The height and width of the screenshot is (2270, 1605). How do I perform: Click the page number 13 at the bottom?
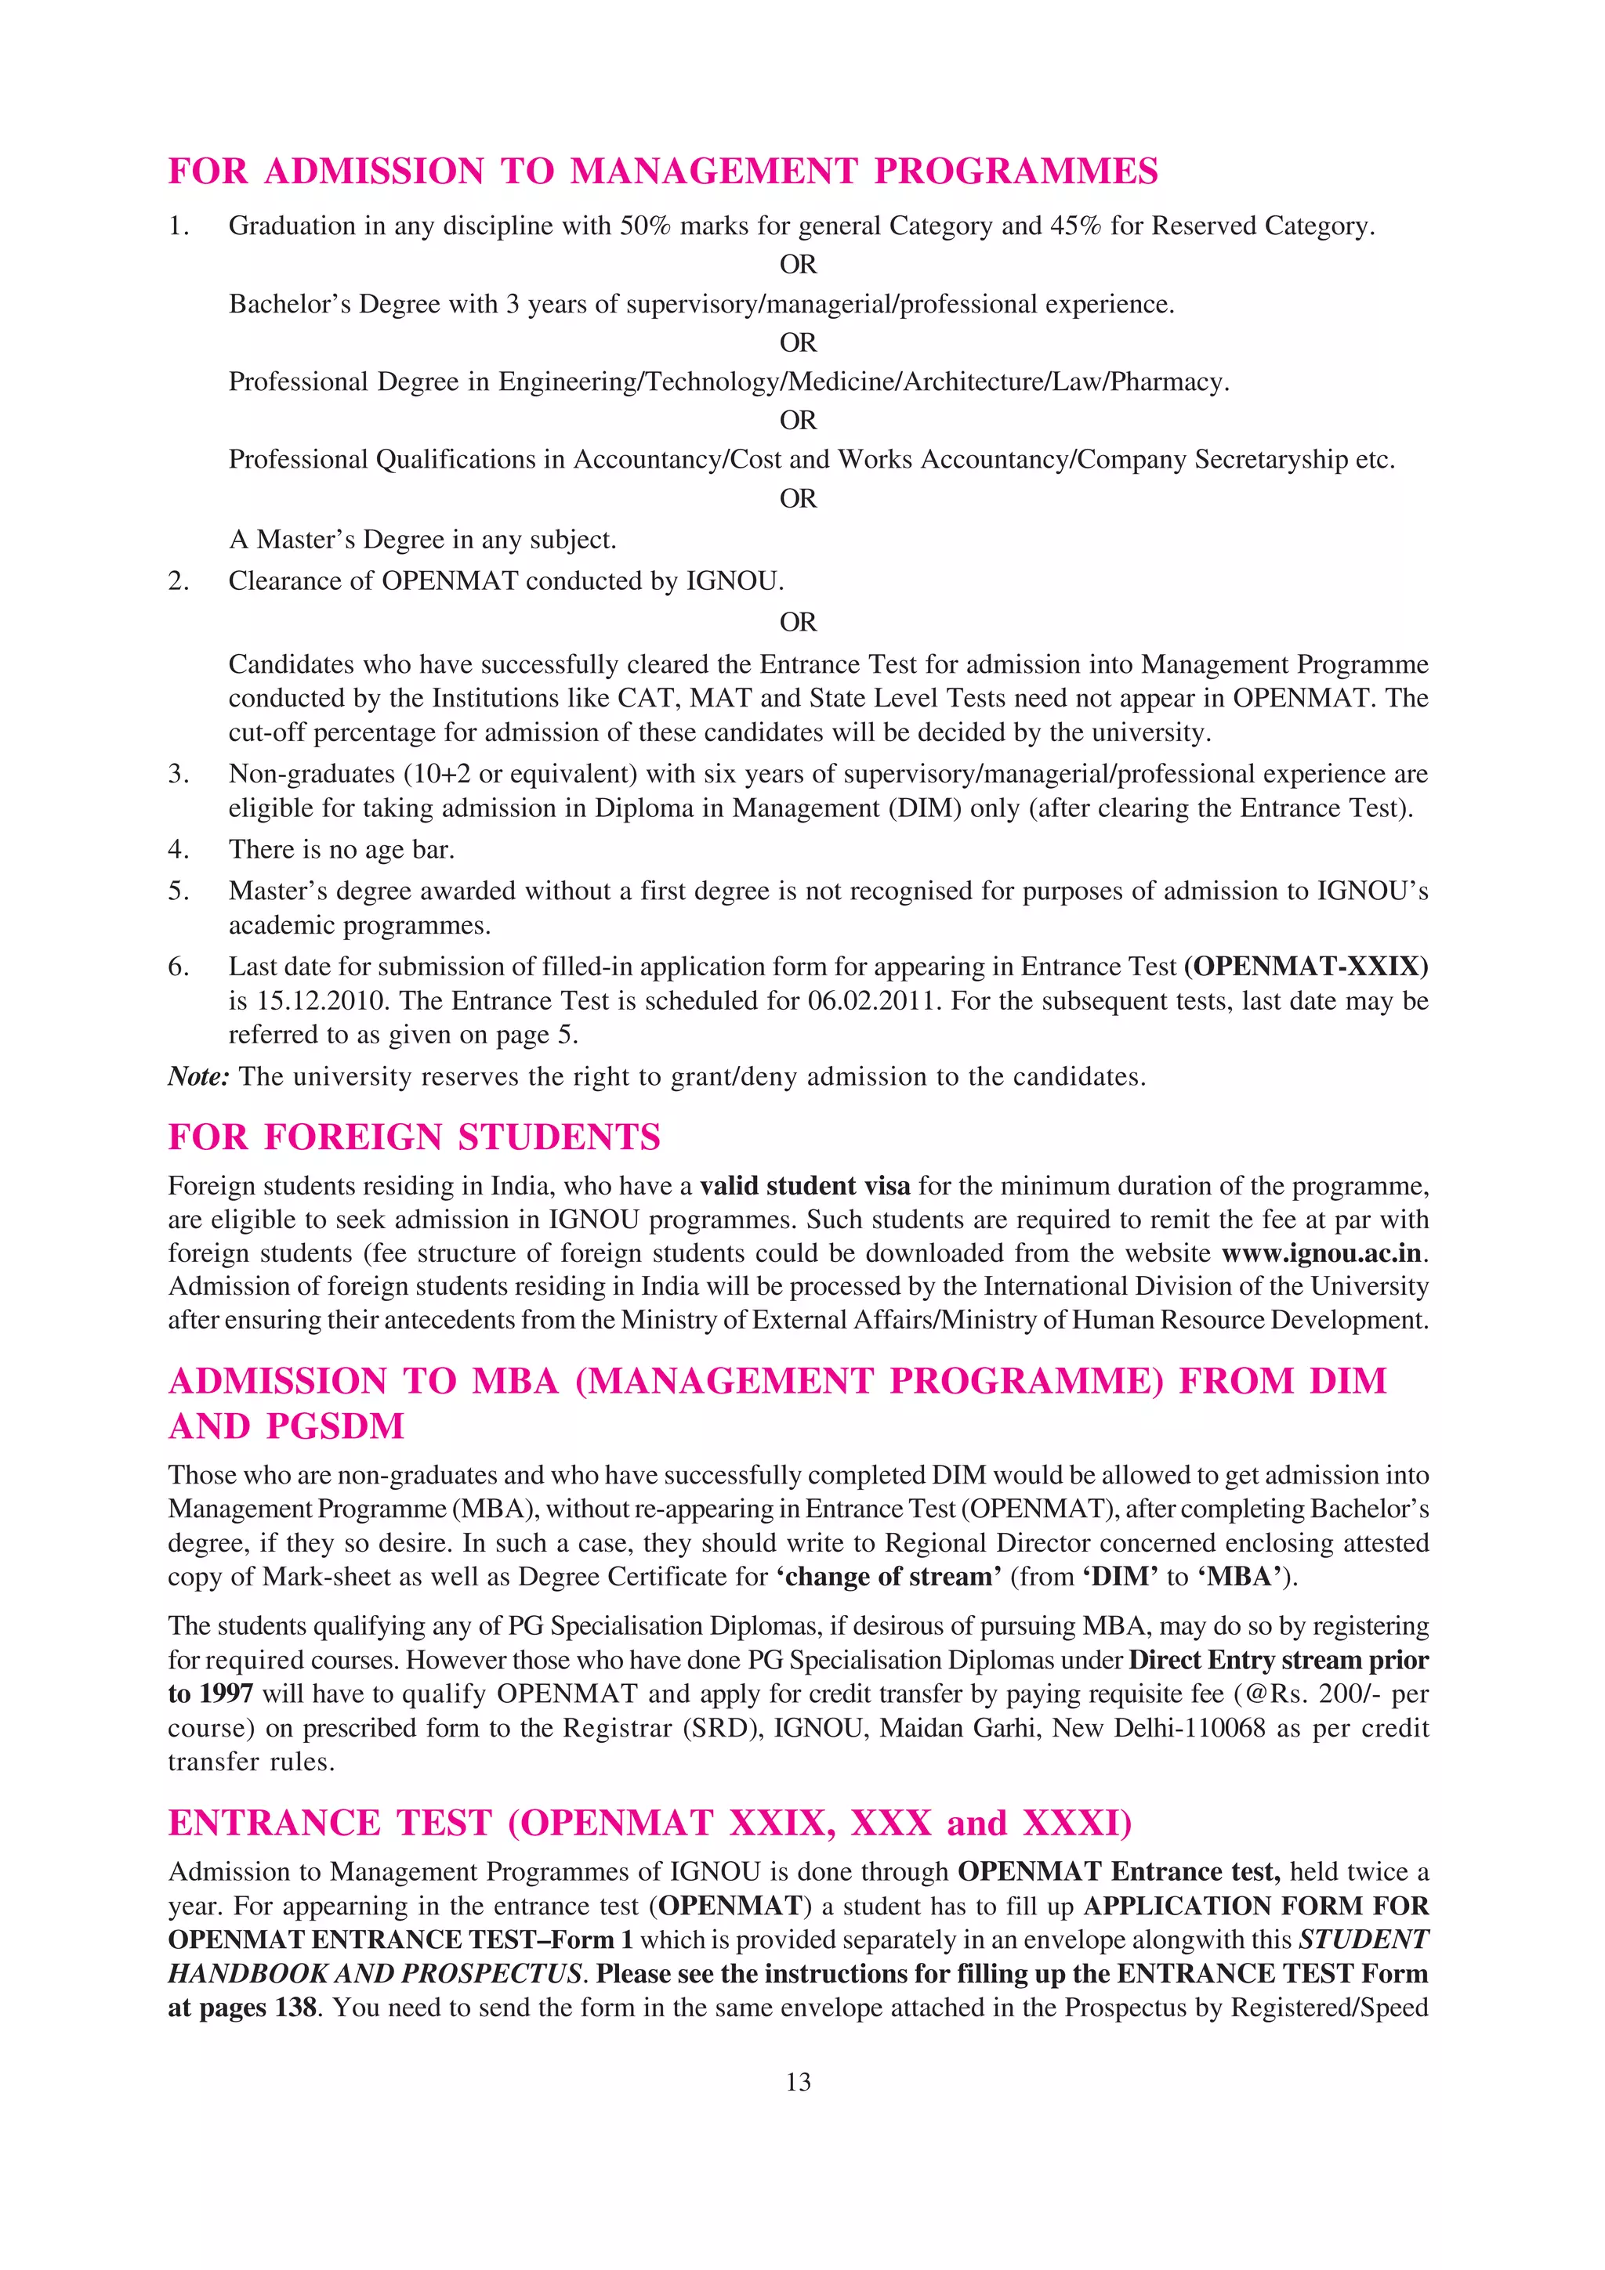pyautogui.click(x=798, y=2082)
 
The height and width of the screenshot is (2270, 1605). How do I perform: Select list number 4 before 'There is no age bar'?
pyautogui.click(x=178, y=849)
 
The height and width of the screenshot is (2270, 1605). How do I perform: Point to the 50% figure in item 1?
pyautogui.click(x=645, y=226)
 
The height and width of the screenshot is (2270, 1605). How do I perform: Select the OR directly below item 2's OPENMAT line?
pyautogui.click(x=798, y=622)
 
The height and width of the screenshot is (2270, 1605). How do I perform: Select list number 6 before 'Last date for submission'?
pyautogui.click(x=178, y=966)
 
